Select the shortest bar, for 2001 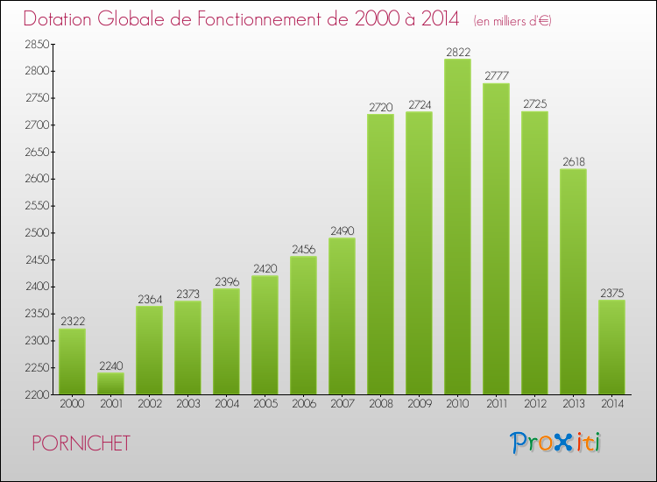110,383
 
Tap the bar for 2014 611,347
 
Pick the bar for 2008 380,254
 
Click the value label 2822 457,52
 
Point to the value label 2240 110,366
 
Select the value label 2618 573,161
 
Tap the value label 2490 342,230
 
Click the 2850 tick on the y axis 37,44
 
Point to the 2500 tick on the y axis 37,232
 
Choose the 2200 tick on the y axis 37,394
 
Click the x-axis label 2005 265,404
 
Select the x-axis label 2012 534,404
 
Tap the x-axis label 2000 72,404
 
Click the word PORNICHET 81,443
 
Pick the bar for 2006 303,325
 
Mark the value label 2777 496,76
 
